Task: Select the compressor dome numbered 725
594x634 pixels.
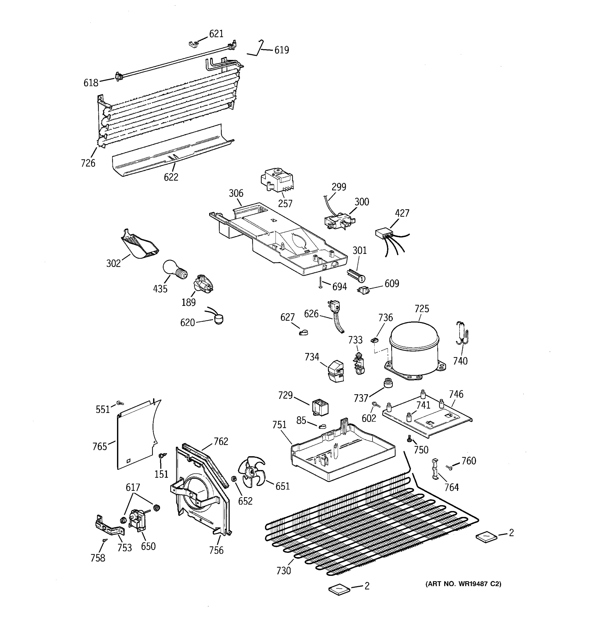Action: tap(414, 348)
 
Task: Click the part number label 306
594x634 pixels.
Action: tap(236, 193)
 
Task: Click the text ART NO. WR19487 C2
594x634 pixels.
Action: tap(463, 584)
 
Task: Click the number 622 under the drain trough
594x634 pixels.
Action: tap(171, 177)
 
